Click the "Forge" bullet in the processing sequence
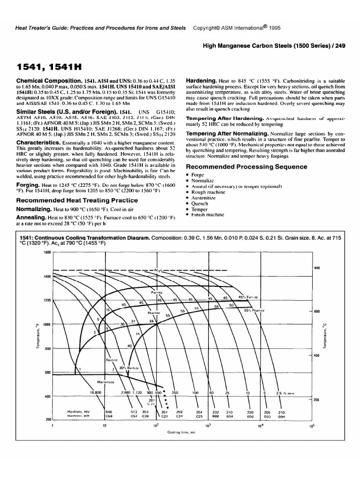(x=198, y=175)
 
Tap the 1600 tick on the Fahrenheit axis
(x=47, y=253)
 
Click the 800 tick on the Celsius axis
(x=316, y=268)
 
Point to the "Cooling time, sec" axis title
(x=181, y=433)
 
